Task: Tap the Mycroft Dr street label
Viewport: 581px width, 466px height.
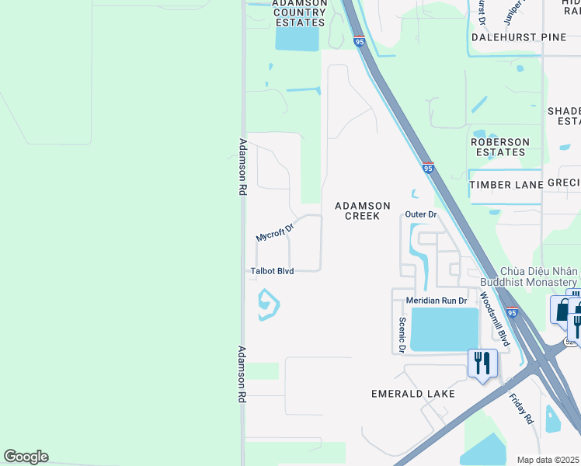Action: click(x=276, y=231)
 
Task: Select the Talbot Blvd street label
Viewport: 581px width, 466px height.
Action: click(x=271, y=271)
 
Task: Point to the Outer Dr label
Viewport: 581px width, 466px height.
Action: click(x=422, y=214)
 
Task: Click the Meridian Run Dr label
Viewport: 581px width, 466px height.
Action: click(x=437, y=301)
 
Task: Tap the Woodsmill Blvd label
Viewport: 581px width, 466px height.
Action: click(x=494, y=318)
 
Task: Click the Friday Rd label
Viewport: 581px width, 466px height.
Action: click(x=521, y=409)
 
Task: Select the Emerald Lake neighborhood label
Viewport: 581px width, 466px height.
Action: click(x=413, y=394)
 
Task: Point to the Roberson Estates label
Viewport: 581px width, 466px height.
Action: click(x=500, y=147)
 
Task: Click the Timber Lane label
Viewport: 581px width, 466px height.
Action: click(x=506, y=185)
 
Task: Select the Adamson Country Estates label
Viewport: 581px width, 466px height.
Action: click(x=299, y=12)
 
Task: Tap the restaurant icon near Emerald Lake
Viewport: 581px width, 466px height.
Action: click(x=482, y=363)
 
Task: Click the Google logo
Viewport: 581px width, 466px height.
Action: click(x=26, y=457)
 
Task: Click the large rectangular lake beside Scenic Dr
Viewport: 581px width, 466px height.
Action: click(x=444, y=329)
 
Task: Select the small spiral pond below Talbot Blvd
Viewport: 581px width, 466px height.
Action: click(x=267, y=304)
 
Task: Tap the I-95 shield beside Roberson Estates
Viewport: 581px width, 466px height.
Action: click(x=428, y=168)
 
